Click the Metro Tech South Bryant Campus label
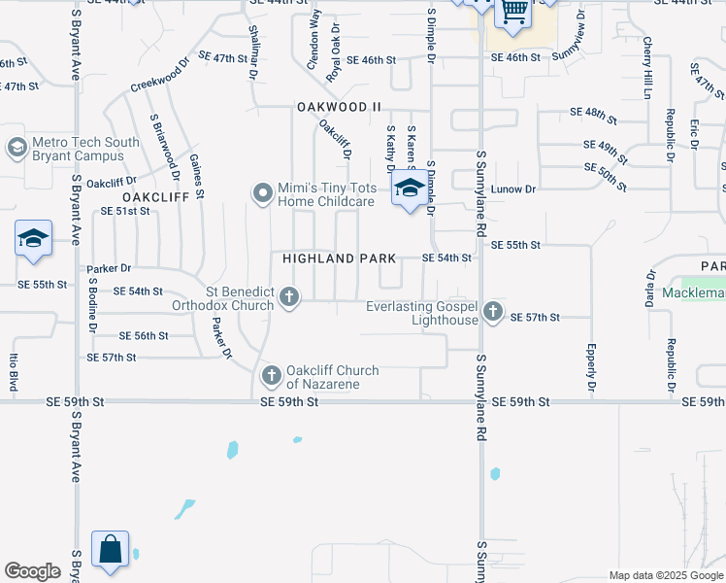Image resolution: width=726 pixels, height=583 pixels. pyautogui.click(x=85, y=149)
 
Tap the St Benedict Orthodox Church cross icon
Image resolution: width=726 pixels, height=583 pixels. pyautogui.click(x=288, y=297)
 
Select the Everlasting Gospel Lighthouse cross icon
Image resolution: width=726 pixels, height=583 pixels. pyautogui.click(x=493, y=312)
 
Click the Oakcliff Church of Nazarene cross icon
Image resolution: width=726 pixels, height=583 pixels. pyautogui.click(x=271, y=375)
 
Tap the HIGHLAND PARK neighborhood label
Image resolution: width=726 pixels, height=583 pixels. pyautogui.click(x=340, y=258)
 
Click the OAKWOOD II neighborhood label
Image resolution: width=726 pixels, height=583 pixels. pyautogui.click(x=333, y=107)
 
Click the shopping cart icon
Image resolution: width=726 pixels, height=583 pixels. pyautogui.click(x=513, y=12)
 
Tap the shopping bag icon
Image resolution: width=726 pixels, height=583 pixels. pyautogui.click(x=110, y=549)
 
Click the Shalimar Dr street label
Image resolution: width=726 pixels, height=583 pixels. pyautogui.click(x=254, y=52)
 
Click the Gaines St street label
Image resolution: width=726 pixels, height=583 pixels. pyautogui.click(x=197, y=175)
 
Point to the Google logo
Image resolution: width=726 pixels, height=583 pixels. pyautogui.click(x=32, y=571)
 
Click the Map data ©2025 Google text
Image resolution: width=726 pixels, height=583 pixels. pyautogui.click(x=666, y=575)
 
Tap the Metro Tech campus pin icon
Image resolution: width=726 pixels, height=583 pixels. pyautogui.click(x=16, y=149)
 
